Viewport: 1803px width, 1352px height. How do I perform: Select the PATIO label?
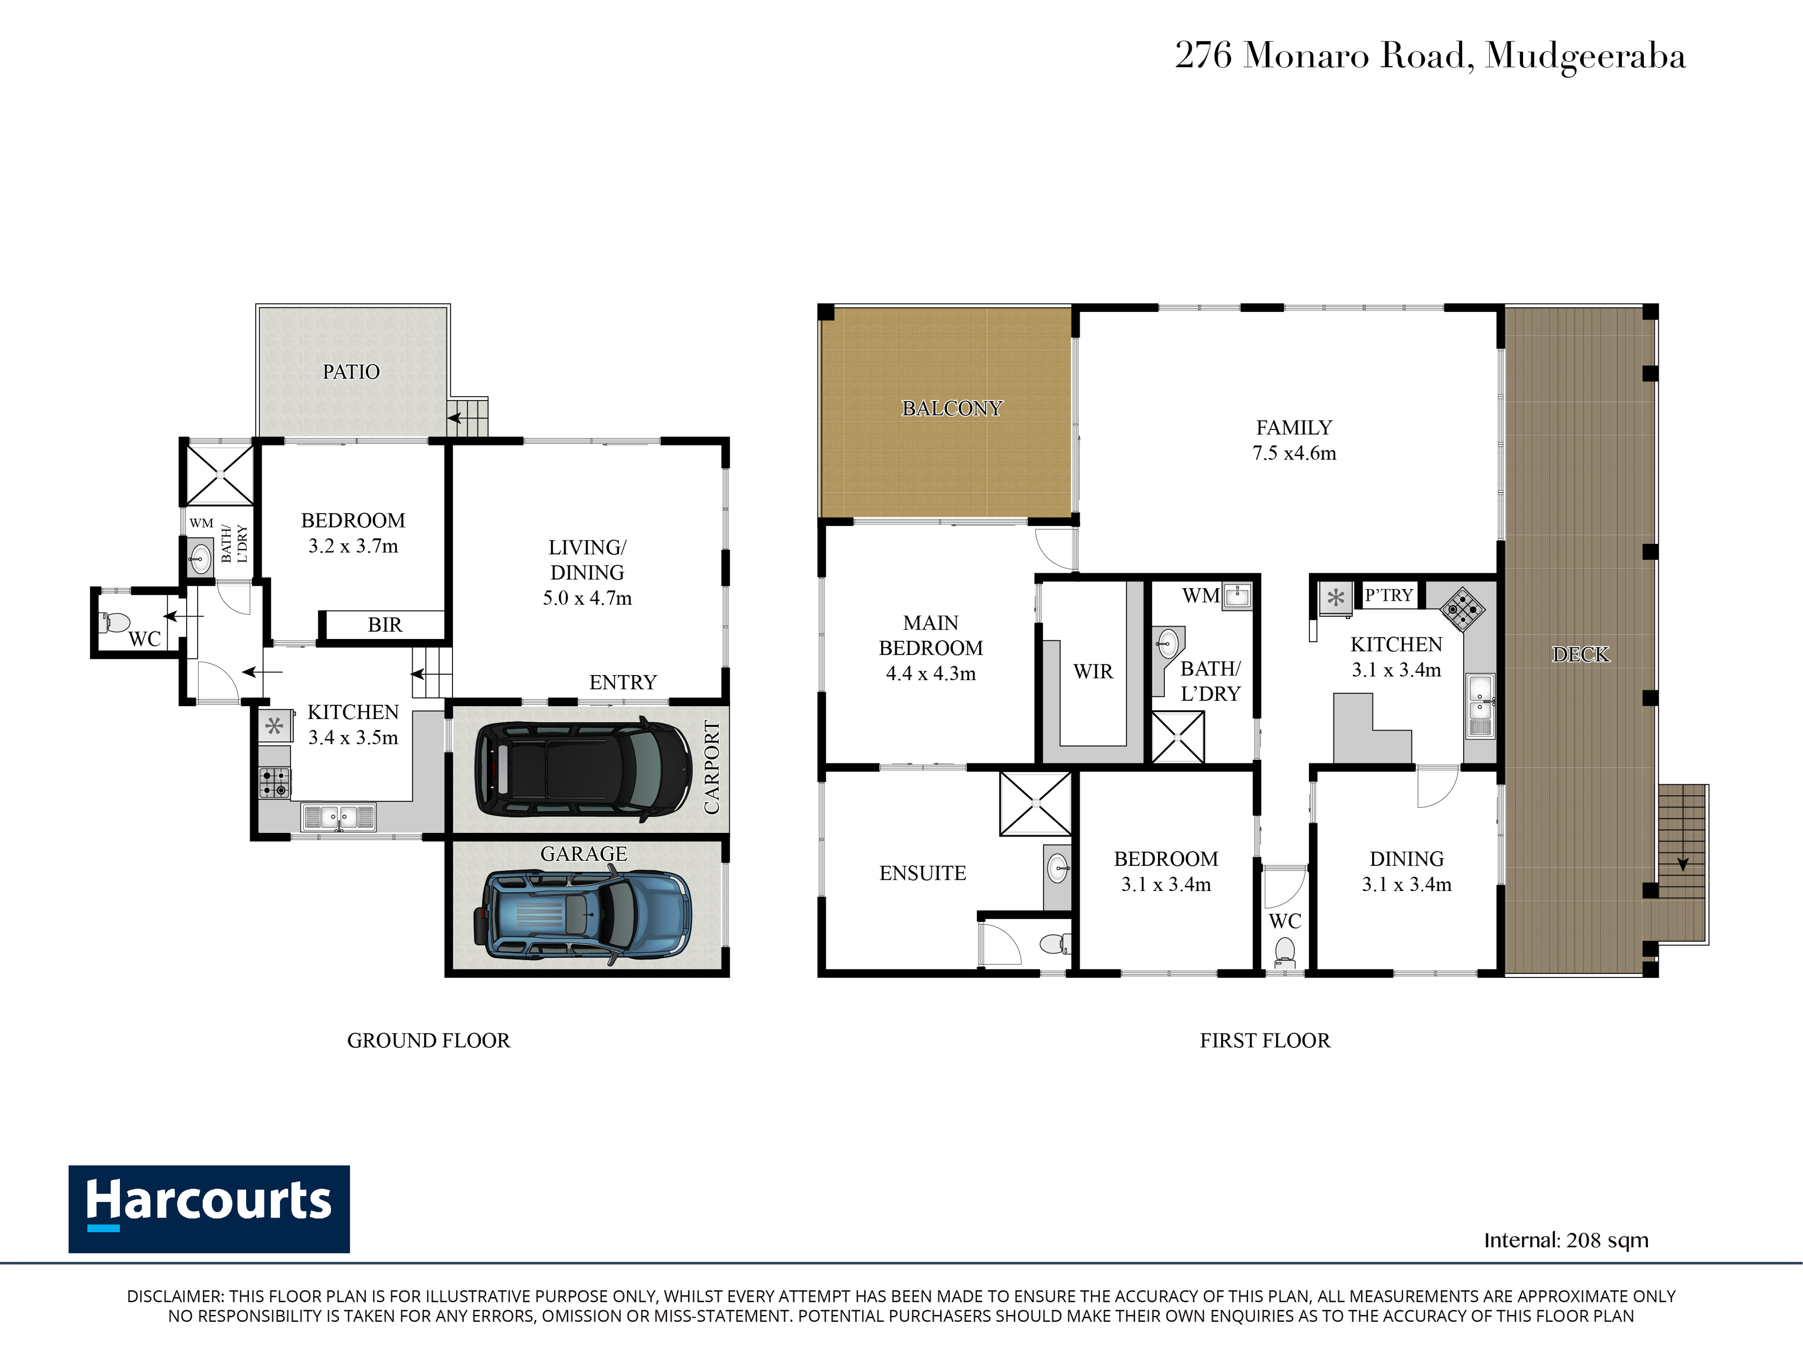click(351, 372)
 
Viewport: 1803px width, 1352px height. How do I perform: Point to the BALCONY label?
click(952, 408)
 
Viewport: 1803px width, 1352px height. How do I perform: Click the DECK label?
click(1580, 654)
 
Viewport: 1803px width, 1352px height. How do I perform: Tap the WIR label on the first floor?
click(1093, 671)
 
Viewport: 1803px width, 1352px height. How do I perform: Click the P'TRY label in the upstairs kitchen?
click(1389, 595)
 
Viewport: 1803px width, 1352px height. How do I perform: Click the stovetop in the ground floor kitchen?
click(275, 782)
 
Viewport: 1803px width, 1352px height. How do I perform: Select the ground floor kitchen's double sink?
click(338, 817)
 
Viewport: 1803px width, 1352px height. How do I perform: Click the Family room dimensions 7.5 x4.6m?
click(1295, 453)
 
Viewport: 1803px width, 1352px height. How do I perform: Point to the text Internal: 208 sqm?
click(1566, 1240)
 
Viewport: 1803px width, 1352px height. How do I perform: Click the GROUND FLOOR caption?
click(429, 1041)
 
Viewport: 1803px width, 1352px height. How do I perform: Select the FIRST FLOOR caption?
click(1265, 1041)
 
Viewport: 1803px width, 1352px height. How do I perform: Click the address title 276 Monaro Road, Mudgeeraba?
click(1430, 55)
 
